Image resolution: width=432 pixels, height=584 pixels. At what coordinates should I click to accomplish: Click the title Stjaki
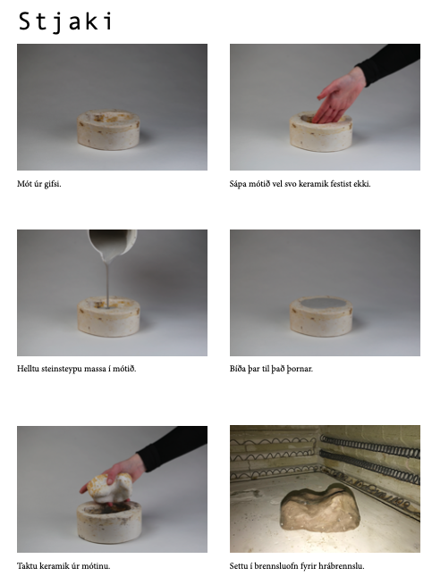(x=65, y=21)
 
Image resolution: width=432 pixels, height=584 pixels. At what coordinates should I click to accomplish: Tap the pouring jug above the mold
(x=113, y=244)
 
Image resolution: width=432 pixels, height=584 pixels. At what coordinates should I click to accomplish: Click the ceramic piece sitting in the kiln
(x=320, y=507)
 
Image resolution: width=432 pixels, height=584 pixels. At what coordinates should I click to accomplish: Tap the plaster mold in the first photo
(x=108, y=129)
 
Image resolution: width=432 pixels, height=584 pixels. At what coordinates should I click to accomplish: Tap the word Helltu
(x=28, y=369)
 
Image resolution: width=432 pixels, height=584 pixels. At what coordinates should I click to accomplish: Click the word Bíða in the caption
(x=238, y=369)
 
